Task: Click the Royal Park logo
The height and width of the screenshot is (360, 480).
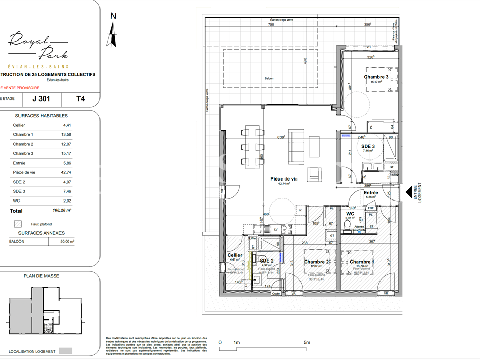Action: (x=38, y=46)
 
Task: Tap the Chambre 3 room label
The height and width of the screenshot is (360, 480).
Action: (x=376, y=77)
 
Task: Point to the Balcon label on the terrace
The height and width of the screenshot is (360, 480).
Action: (x=269, y=78)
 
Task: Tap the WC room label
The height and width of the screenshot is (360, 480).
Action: (x=350, y=214)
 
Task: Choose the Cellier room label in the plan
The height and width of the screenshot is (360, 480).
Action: (x=234, y=255)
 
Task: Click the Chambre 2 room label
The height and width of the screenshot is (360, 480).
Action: (x=316, y=262)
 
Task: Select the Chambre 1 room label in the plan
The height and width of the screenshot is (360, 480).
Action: (x=361, y=262)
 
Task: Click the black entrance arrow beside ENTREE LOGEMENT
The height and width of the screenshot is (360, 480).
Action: (x=409, y=193)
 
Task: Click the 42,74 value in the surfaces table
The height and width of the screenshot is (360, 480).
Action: (x=67, y=172)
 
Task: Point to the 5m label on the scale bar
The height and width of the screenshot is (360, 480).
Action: (x=307, y=342)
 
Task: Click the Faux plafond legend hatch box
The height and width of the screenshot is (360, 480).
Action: (x=18, y=224)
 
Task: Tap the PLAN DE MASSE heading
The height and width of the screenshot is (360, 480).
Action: (x=42, y=276)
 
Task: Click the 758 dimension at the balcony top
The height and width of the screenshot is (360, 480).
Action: (x=271, y=24)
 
